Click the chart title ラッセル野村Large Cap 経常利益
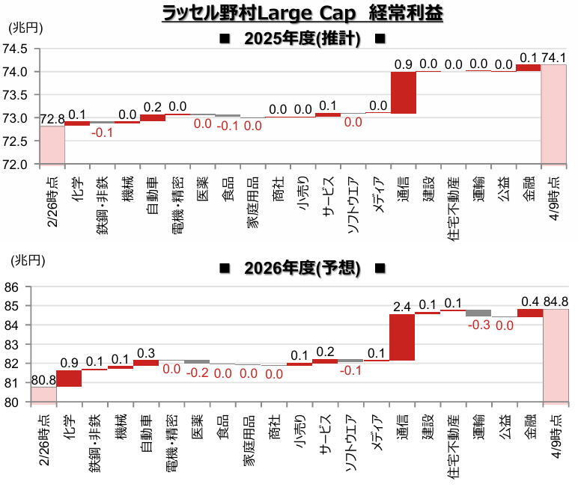coord(302,14)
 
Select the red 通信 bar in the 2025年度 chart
coord(404,92)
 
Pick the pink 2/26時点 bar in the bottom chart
coord(43,394)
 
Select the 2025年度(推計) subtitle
coord(302,39)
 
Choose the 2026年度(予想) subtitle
coord(302,267)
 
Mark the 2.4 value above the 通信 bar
coord(403,306)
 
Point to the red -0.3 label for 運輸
coord(478,325)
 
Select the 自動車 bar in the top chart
coord(153,117)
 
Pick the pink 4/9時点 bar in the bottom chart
coord(554,355)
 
